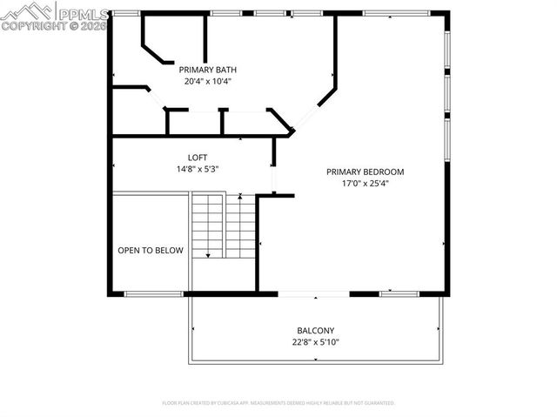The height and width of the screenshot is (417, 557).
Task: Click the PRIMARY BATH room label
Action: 207,70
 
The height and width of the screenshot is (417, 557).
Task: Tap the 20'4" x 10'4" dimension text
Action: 207,82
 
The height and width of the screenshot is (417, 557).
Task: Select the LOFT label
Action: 198,158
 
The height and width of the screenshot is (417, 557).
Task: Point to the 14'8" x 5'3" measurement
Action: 198,170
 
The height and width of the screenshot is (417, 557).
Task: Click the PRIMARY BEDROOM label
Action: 365,172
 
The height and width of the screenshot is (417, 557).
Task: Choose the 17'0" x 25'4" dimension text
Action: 365,184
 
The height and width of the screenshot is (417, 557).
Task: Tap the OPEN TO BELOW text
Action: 151,251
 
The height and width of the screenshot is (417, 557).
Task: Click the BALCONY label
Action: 315,331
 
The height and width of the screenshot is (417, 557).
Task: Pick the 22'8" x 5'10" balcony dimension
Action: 315,343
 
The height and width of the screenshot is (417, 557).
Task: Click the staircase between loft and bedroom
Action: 223,225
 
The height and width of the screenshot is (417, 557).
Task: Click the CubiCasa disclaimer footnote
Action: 278,403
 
